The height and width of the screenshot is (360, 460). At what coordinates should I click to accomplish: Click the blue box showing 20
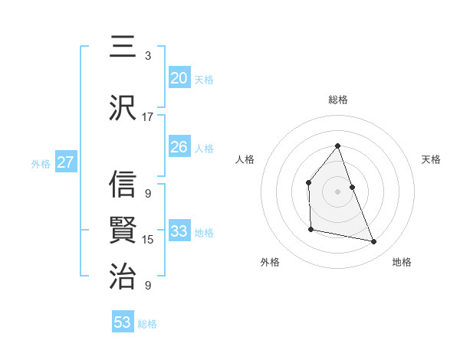(179, 78)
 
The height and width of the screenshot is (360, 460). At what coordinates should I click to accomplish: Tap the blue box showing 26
(179, 147)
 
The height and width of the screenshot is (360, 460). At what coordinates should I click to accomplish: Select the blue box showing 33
(179, 231)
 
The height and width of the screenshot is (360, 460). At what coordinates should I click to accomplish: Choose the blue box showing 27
(65, 162)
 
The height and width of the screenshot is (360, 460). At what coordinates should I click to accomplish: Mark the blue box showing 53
(123, 322)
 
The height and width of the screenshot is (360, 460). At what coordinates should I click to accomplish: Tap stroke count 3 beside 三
(147, 56)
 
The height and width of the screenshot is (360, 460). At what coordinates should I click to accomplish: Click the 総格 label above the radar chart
(337, 100)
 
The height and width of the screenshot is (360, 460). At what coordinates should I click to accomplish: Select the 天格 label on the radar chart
(431, 159)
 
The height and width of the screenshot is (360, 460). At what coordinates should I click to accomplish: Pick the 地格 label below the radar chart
(402, 262)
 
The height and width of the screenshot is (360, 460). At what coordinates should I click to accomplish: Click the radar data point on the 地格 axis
(374, 242)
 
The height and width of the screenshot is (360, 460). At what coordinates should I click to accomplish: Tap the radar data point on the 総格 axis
(337, 146)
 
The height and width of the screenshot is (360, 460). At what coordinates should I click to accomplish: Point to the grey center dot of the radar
(337, 191)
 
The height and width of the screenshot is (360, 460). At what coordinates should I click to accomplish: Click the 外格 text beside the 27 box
(41, 163)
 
